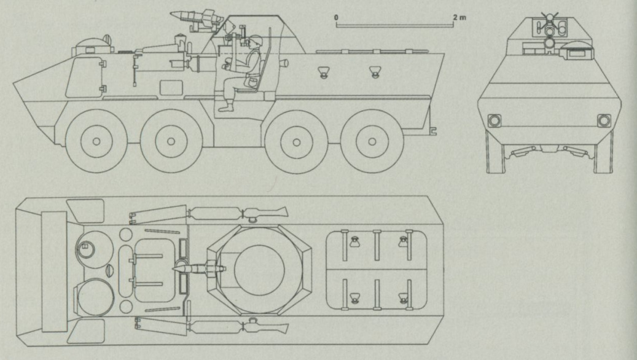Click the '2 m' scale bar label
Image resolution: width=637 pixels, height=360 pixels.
tap(459, 17)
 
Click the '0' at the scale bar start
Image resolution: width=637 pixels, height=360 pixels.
tap(337, 17)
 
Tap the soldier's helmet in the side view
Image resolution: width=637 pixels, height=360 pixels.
tap(255, 41)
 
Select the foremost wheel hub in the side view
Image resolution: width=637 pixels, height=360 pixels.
tap(96, 141)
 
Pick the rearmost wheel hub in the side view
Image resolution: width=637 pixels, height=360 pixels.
tap(372, 141)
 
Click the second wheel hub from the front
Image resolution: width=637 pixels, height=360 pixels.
tap(171, 141)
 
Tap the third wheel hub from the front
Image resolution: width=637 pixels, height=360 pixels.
tap(297, 142)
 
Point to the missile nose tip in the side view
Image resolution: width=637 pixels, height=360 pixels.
tap(171, 14)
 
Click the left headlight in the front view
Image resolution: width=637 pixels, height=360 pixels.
tap(494, 120)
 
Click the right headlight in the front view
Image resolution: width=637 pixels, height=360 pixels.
tap(604, 120)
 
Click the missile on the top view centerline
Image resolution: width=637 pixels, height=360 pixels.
tap(199, 268)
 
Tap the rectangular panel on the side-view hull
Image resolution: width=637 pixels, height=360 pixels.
tap(171, 88)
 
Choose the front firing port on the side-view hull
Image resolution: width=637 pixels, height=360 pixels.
tap(323, 72)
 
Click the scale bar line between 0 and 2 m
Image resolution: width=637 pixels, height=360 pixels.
tap(395, 26)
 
